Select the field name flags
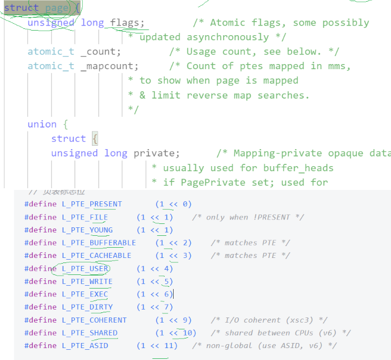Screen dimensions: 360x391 127,23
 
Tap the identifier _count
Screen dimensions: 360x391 100,52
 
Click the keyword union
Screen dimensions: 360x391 42,124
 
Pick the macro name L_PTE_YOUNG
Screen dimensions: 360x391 87,230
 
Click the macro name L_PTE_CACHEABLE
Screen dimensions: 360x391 96,256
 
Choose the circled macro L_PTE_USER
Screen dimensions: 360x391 85,269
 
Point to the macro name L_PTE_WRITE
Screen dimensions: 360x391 87,281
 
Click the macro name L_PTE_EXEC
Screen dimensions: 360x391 85,294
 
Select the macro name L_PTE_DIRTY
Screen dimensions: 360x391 87,307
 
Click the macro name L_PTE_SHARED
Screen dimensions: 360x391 90,333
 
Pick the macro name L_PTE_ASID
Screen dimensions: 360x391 85,345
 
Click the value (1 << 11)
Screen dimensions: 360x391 157,345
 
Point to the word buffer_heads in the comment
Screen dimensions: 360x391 298,168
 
